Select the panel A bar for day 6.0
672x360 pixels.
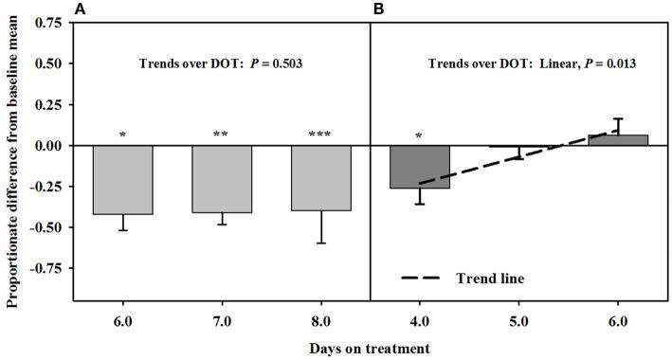tap(123, 180)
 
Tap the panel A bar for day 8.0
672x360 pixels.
tap(321, 178)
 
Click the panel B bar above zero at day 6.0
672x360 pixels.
tap(619, 140)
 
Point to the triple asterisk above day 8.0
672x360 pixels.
tap(321, 135)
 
